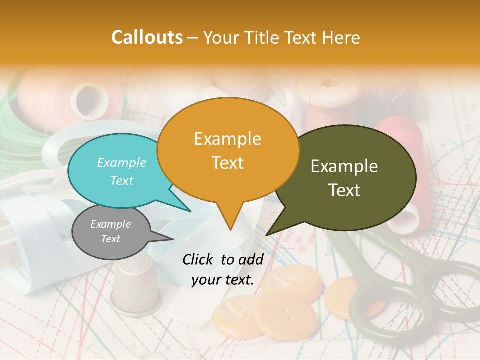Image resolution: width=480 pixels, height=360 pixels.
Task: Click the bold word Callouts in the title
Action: (147, 37)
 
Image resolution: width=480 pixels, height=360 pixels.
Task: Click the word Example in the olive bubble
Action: (344, 166)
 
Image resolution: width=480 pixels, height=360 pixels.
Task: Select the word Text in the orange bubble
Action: (228, 162)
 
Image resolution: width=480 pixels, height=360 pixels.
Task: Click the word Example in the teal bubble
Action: (122, 162)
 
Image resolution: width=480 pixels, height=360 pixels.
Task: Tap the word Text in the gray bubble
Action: (111, 239)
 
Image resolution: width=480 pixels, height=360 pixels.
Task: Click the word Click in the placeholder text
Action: (199, 259)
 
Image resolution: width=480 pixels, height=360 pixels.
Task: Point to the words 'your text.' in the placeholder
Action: (223, 280)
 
